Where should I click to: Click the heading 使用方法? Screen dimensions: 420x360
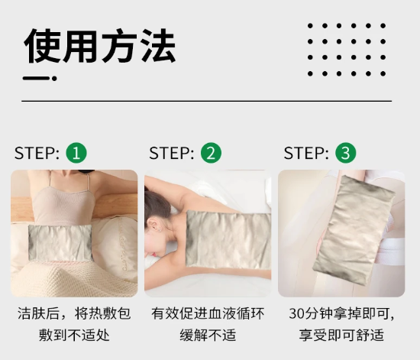99,46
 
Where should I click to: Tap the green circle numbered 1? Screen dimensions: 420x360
76,153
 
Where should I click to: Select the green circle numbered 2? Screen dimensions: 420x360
211,153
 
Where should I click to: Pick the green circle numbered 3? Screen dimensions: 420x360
346,153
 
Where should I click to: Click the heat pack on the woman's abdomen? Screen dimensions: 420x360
60,242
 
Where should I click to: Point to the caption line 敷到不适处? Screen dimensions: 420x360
74,336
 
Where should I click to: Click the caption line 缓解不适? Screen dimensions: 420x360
208,336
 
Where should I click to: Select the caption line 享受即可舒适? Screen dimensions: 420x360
341,336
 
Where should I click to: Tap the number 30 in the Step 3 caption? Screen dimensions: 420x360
296,313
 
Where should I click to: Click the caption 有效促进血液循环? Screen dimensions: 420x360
208,313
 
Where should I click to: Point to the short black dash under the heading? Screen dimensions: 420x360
36,79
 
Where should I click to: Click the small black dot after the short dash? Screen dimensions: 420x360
54,79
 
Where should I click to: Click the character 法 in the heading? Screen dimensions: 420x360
158,46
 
